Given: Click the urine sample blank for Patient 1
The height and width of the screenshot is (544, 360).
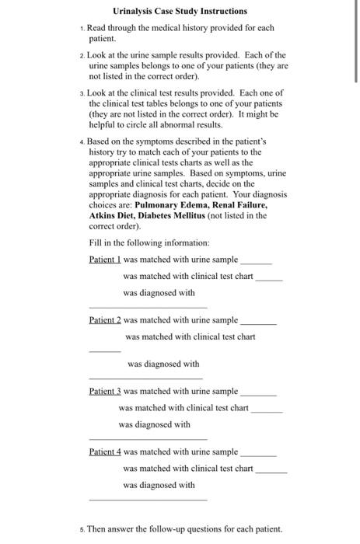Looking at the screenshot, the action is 257,263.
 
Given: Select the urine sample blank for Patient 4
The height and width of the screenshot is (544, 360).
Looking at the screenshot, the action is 258,455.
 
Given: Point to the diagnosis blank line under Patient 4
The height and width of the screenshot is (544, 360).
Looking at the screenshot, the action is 148,498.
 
